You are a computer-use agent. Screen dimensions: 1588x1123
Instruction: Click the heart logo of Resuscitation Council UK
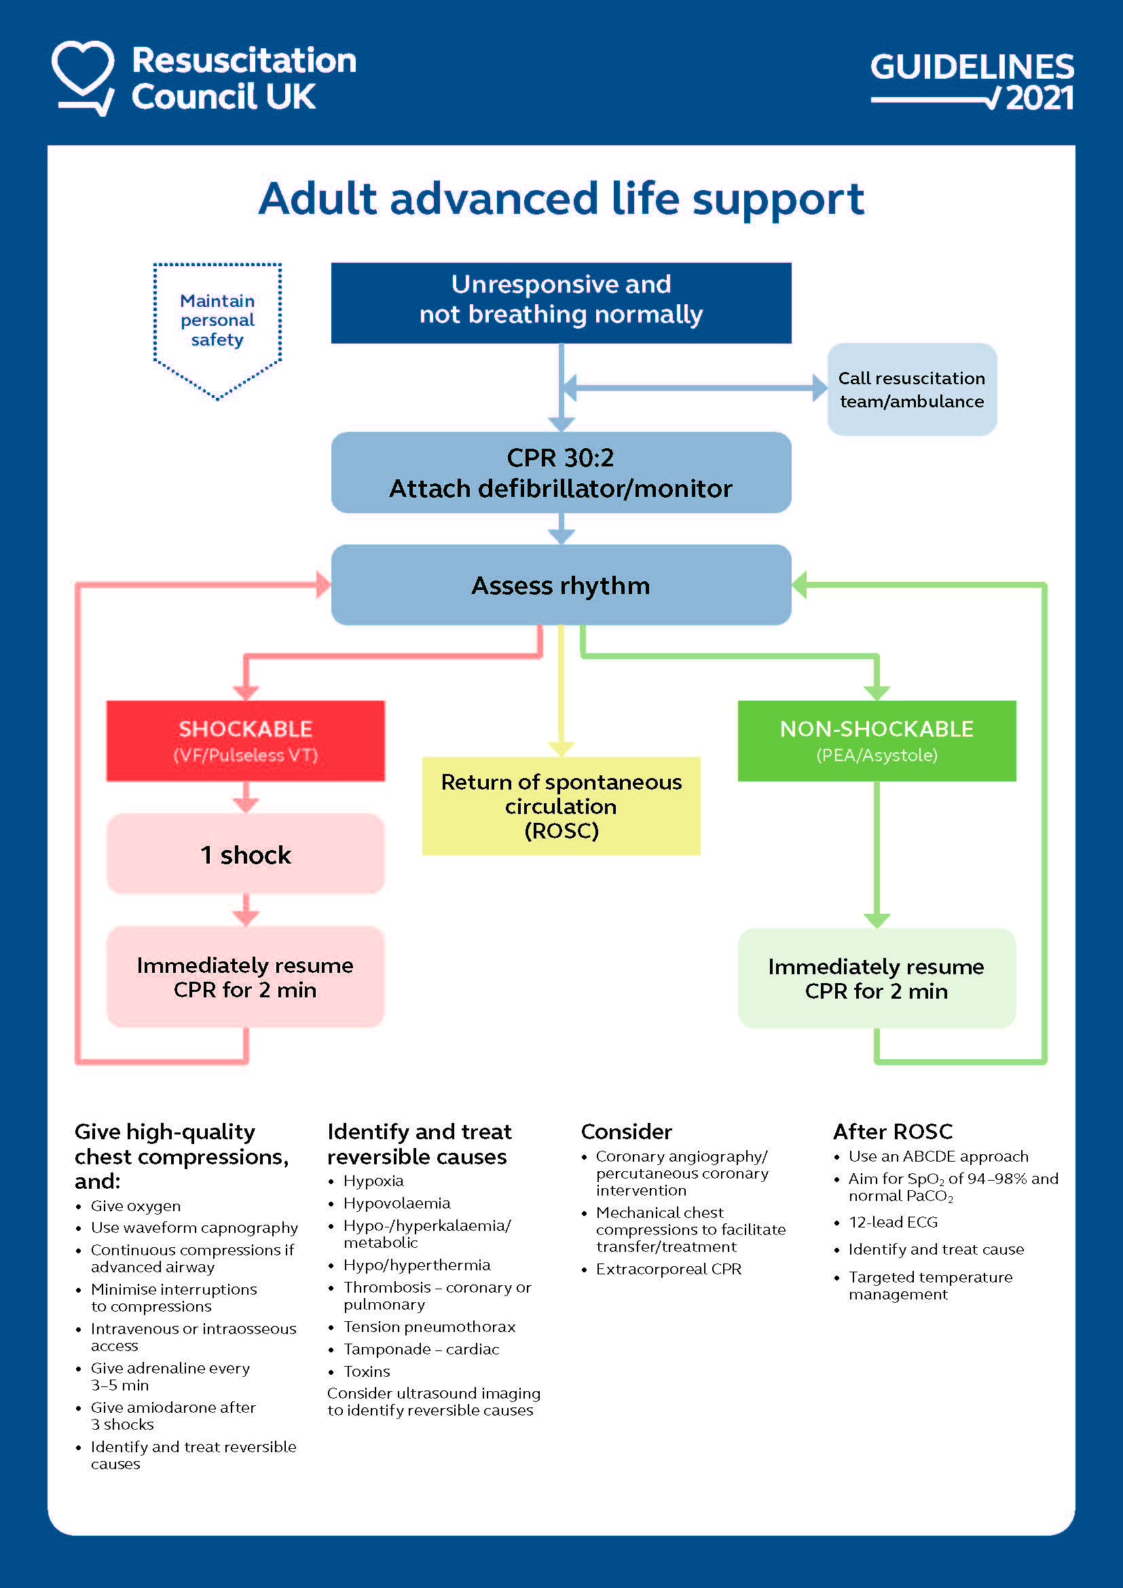click(x=83, y=75)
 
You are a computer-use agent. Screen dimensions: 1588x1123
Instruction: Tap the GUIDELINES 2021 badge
click(x=972, y=81)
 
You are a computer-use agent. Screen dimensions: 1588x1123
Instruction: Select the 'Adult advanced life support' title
click(x=561, y=199)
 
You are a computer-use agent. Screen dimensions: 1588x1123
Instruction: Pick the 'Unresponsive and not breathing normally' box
click(x=561, y=303)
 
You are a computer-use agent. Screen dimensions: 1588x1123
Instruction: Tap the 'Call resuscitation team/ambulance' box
click(x=911, y=390)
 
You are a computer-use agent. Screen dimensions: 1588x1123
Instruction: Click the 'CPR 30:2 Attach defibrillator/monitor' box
click(x=561, y=473)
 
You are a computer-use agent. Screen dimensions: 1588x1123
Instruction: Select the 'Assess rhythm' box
click(x=561, y=585)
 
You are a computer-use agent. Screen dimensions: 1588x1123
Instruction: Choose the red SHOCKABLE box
click(x=246, y=741)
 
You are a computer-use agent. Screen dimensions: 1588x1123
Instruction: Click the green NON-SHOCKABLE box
click(x=876, y=741)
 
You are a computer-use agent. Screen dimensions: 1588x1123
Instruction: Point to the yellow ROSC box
click(x=561, y=806)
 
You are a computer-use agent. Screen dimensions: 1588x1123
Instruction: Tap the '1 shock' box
click(x=246, y=854)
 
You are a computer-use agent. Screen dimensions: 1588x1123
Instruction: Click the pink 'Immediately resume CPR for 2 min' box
click(x=246, y=976)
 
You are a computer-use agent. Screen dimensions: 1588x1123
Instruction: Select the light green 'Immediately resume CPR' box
click(x=876, y=978)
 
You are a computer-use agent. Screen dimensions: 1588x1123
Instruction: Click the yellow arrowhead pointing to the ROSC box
click(x=561, y=749)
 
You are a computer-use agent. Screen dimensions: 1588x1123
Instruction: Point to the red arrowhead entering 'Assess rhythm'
click(x=323, y=585)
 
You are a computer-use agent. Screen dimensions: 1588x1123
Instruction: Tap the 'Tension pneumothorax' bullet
click(x=428, y=1327)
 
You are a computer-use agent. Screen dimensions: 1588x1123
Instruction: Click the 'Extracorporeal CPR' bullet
click(x=668, y=1269)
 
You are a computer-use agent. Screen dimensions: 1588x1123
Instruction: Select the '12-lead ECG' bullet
click(x=893, y=1222)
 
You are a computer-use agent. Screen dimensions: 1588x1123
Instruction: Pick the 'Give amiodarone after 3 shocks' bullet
click(x=173, y=1415)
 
